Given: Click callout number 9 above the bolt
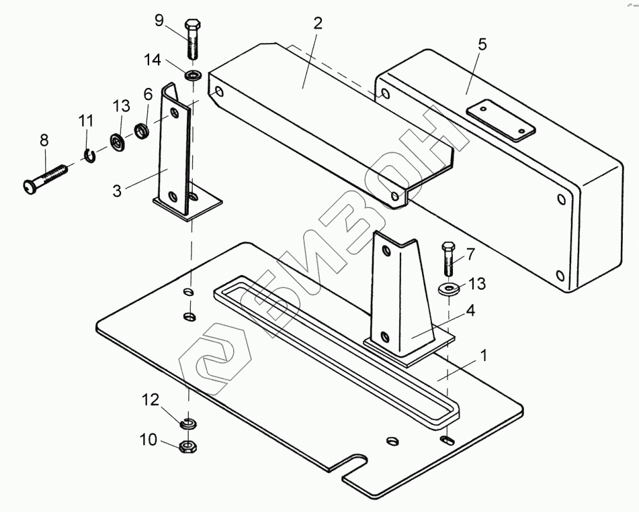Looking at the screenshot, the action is (x=159, y=19).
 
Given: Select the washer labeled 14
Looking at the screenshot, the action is (x=192, y=74).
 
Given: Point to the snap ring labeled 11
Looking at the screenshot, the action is (x=91, y=156).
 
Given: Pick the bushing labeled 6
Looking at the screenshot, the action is (x=142, y=130).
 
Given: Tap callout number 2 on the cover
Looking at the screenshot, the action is (x=317, y=23).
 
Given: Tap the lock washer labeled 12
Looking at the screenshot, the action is (x=188, y=423).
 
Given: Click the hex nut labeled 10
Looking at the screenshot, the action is (x=188, y=445).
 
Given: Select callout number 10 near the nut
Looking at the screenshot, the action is (x=147, y=440).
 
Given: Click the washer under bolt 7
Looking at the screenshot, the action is (x=450, y=289).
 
